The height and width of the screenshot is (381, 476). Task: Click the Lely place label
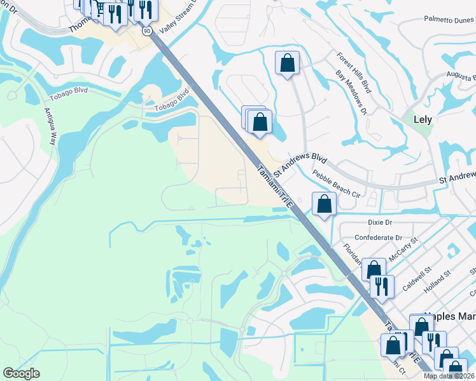coord(422,119)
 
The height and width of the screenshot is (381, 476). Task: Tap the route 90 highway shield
coord(147,30)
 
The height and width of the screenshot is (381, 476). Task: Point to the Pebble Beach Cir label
coord(337,184)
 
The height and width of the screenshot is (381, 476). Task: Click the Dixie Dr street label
coord(381,222)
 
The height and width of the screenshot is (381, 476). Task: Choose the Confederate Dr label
coord(379,237)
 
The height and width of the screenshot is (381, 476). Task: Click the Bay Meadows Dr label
coord(351,93)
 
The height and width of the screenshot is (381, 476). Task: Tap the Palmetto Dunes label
coord(449,20)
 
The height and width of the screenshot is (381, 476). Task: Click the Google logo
coord(21,373)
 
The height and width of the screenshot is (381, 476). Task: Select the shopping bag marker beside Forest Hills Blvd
coord(287,63)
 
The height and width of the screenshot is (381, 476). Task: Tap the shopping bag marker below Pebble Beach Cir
coord(324,204)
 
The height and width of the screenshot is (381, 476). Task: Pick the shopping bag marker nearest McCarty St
coord(374,269)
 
